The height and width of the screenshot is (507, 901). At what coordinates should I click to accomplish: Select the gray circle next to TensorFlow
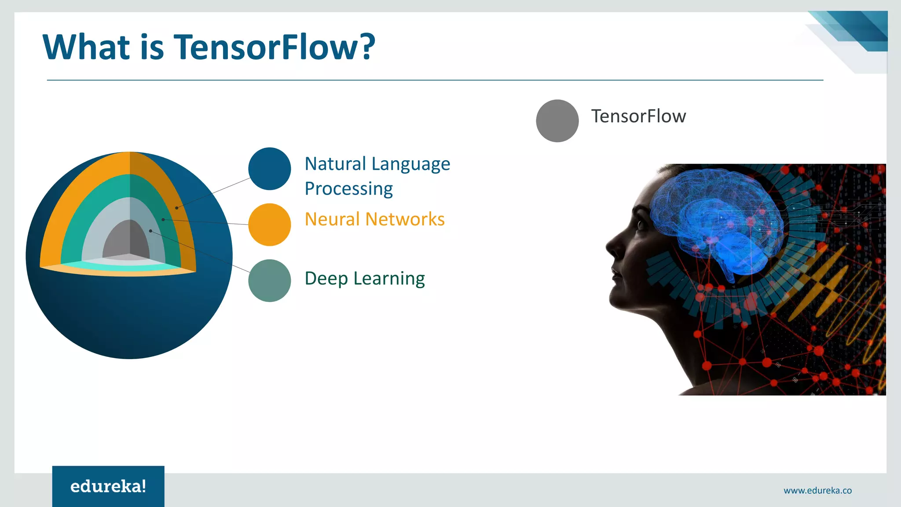coord(557,121)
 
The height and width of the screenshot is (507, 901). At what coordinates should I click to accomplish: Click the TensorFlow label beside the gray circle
coord(638,116)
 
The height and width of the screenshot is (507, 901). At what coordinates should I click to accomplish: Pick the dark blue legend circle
coord(269,169)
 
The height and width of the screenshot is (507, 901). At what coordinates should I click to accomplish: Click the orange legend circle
coord(269,224)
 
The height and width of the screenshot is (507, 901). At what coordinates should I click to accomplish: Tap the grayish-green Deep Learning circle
coord(269,280)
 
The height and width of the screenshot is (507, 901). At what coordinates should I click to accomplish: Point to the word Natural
coord(335,164)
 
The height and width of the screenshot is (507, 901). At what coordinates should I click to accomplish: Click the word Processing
coord(348,189)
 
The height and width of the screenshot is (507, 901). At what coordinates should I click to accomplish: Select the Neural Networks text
coord(374,219)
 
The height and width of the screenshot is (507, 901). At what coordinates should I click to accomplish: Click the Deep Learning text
coord(364,279)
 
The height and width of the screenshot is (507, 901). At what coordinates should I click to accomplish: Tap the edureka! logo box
coord(108,486)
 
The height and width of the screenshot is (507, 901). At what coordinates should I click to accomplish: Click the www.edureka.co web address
coord(817,490)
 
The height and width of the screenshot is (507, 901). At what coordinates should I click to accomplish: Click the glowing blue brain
coord(717,220)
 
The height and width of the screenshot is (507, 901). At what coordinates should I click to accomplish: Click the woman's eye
coord(641,225)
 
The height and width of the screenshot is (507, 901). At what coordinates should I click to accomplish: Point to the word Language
coord(411,164)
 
